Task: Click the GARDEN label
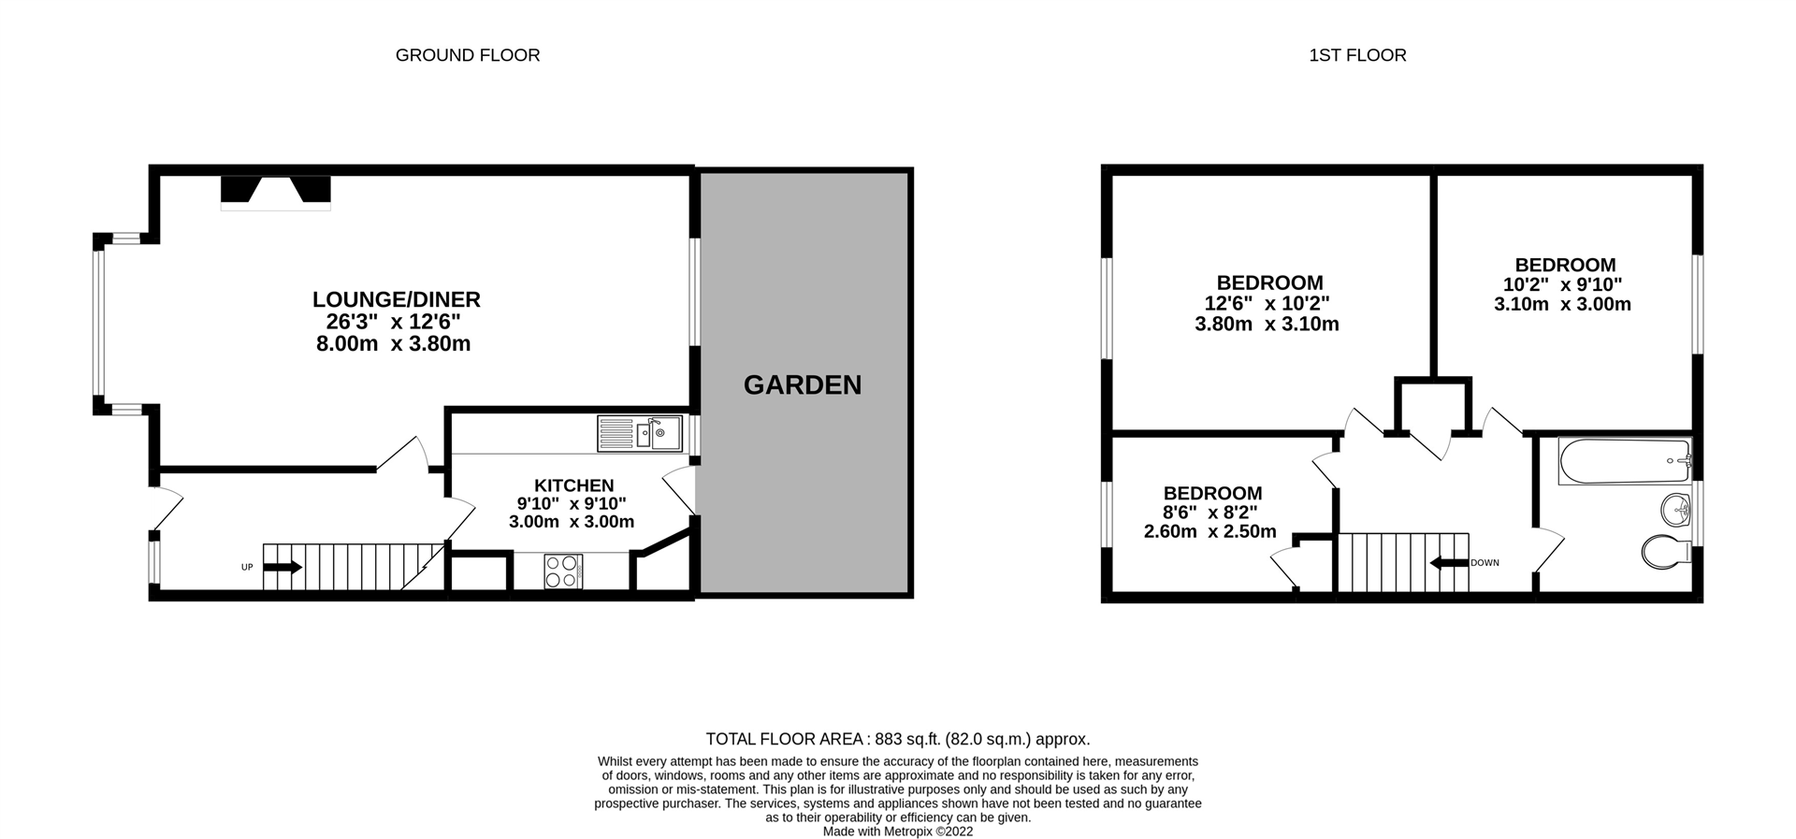(x=803, y=384)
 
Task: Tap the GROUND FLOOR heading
(x=468, y=55)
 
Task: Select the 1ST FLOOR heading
(x=1357, y=55)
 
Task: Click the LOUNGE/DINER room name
(x=397, y=299)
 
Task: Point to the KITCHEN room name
(x=573, y=485)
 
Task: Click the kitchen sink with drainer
(x=641, y=434)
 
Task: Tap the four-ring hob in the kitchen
(x=563, y=571)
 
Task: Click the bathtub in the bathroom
(x=1625, y=461)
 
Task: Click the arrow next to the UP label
(x=283, y=567)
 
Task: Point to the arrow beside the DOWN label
(x=1449, y=562)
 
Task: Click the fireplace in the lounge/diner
(x=276, y=193)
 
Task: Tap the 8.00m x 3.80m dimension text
(x=393, y=343)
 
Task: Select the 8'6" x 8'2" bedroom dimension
(x=1209, y=513)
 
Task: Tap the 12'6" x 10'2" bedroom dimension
(x=1267, y=303)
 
